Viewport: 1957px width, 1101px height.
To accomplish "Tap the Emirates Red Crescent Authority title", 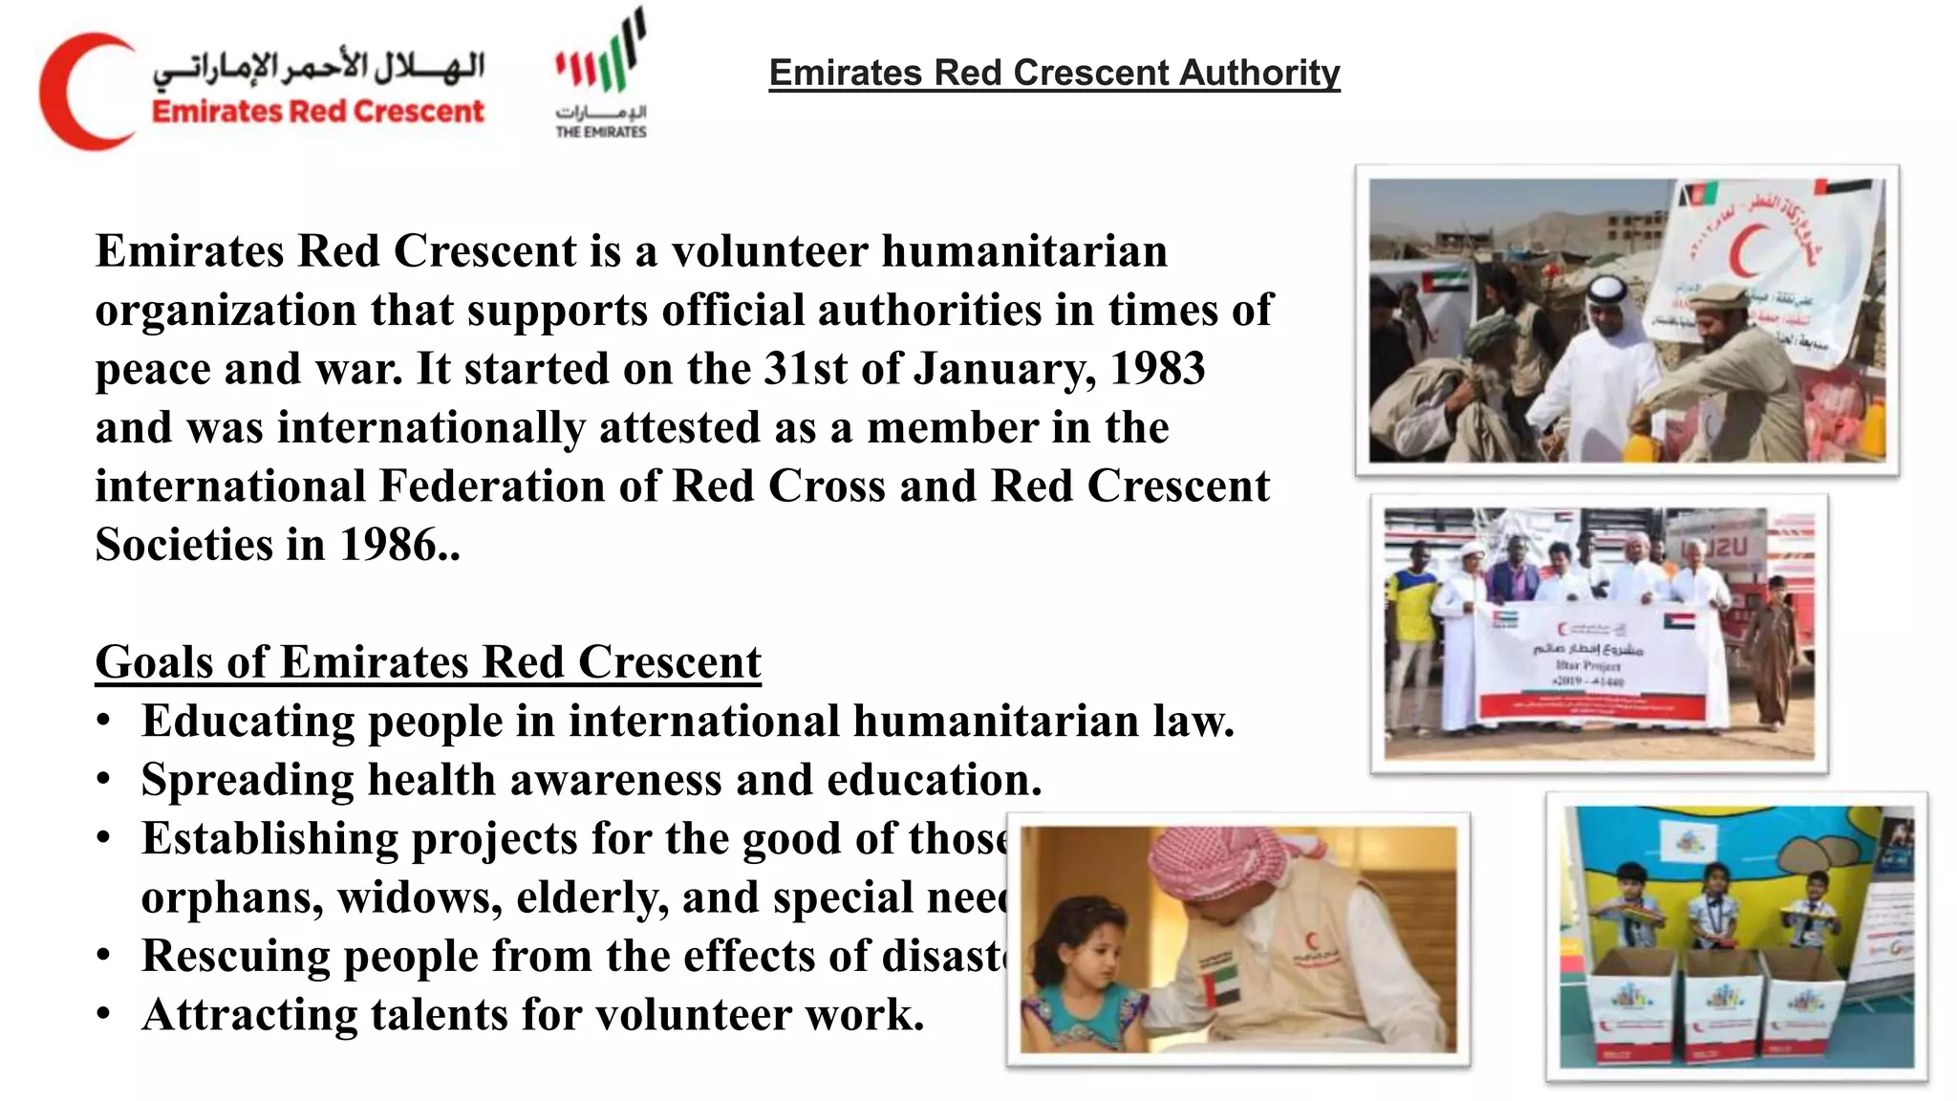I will pyautogui.click(x=1054, y=73).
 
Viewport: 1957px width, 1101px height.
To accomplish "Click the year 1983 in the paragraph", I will pyautogui.click(x=1157, y=370).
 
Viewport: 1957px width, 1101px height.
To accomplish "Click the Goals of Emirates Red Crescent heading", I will pyautogui.click(x=428, y=662).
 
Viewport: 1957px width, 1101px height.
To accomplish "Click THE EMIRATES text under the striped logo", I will pyautogui.click(x=601, y=132).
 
